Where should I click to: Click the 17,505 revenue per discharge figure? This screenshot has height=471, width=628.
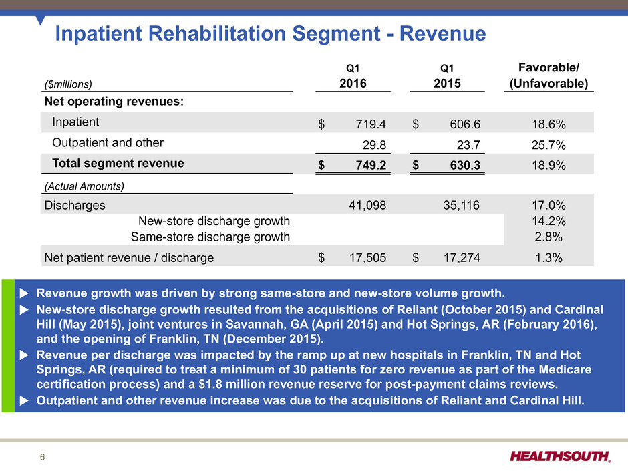point(369,257)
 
